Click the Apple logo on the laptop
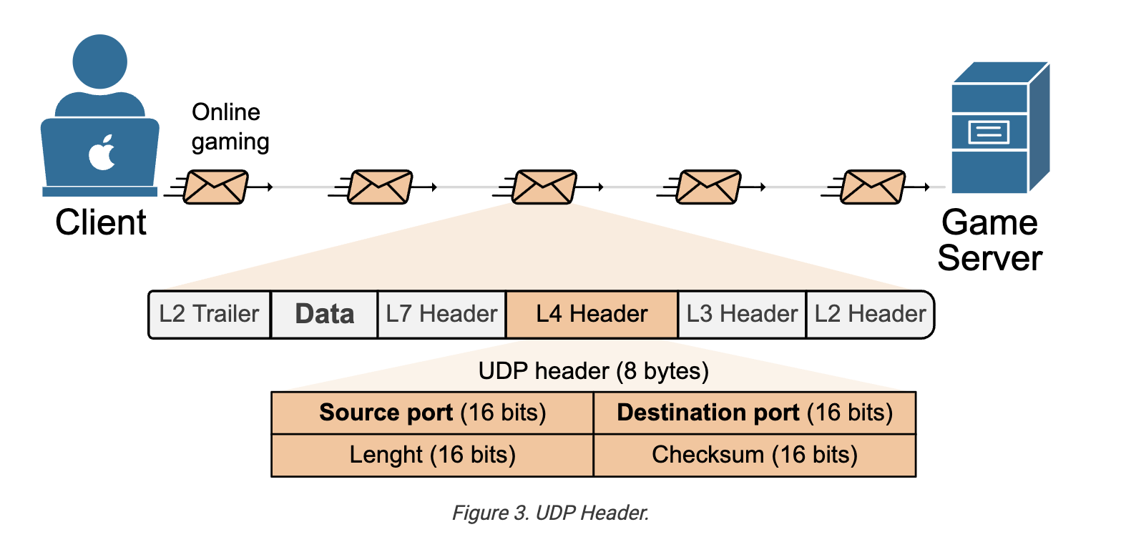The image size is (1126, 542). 102,152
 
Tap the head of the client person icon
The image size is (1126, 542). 99,61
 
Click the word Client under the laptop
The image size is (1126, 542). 101,222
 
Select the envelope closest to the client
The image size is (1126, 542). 215,187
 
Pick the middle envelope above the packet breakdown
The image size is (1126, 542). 544,187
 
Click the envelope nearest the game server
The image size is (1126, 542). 873,187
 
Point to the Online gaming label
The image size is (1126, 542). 230,127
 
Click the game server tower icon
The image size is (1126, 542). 1000,127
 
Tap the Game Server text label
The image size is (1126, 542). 990,240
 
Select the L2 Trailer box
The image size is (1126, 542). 210,315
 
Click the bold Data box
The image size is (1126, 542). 324,315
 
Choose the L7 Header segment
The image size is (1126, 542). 441,315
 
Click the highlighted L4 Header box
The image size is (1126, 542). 592,315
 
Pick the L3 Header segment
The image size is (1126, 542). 742,315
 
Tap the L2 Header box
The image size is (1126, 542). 870,315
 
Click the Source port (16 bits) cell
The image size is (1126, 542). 432,413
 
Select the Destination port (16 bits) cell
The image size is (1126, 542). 755,413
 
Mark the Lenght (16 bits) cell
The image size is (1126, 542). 432,455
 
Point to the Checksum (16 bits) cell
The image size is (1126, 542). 755,455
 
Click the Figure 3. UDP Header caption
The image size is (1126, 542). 550,513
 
